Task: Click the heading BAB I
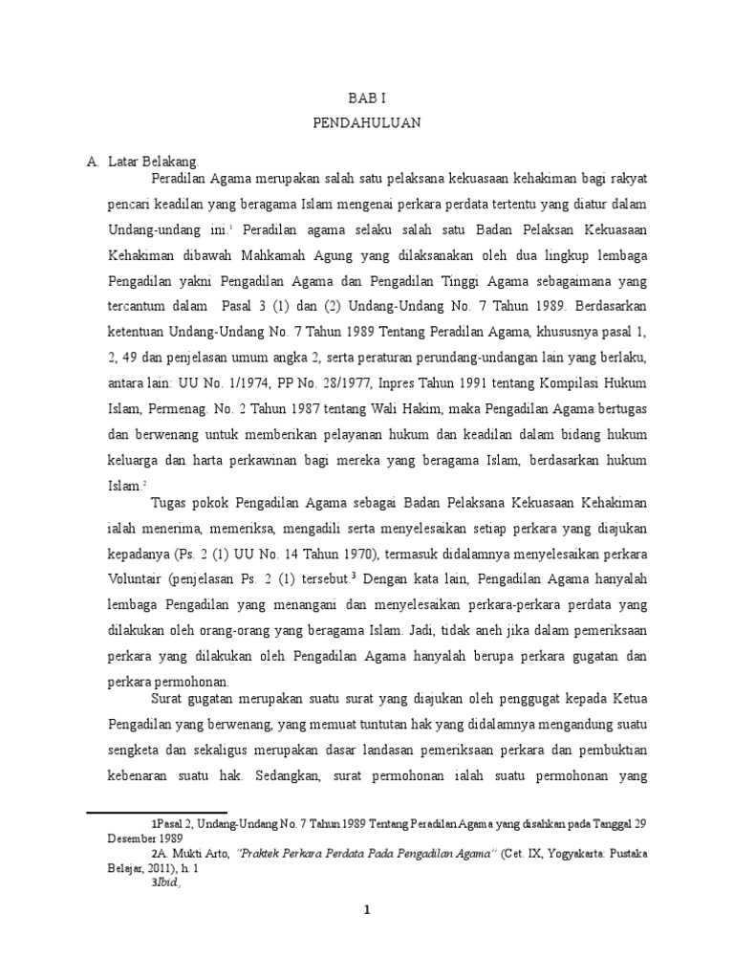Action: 367,98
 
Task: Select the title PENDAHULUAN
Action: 367,123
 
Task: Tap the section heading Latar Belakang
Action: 153,162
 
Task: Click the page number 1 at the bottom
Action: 366,909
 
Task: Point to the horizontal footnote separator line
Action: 143,812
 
